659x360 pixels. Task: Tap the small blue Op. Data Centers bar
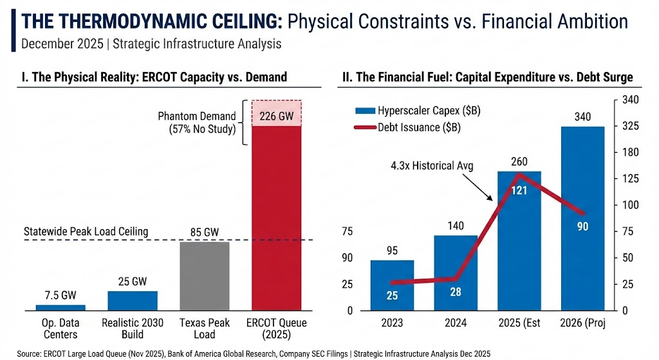46,307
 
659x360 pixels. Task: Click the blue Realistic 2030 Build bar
132,300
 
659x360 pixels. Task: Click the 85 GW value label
203,230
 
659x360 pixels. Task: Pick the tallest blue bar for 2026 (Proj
583,219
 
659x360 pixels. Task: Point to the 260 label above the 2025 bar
519,161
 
